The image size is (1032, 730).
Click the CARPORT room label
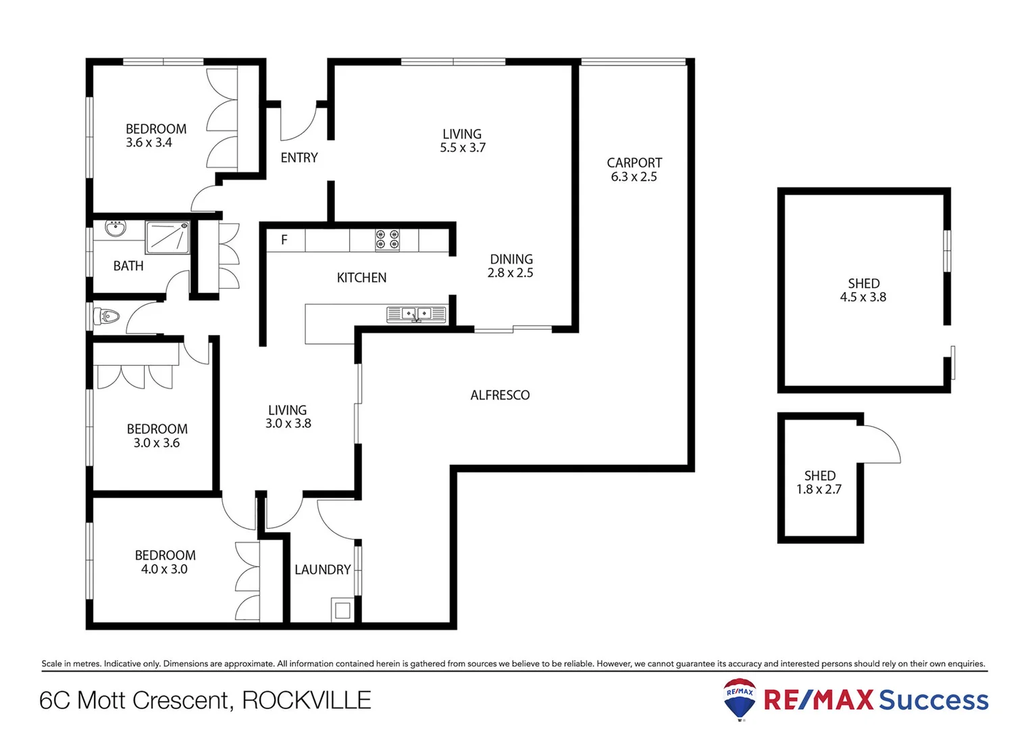(x=634, y=163)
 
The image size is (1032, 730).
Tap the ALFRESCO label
(x=500, y=395)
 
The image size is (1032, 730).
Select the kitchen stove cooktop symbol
(x=387, y=240)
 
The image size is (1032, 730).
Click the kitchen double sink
(x=416, y=314)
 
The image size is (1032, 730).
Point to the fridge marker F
(x=284, y=240)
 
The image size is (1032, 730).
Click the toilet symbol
(x=107, y=316)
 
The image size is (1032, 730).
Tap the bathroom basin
(x=115, y=228)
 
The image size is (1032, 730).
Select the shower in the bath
(x=167, y=237)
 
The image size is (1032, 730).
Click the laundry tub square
(x=342, y=610)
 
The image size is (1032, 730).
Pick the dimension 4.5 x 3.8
(x=863, y=297)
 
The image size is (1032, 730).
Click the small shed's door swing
(x=882, y=444)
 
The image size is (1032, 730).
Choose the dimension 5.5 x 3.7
(x=463, y=148)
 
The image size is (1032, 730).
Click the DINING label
(x=511, y=260)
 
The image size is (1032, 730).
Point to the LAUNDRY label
(x=322, y=570)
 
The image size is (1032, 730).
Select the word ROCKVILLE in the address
(x=307, y=700)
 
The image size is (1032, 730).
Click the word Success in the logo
(x=933, y=700)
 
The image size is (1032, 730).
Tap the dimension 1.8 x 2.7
(x=819, y=489)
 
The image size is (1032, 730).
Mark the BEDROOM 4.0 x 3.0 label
(x=165, y=562)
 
